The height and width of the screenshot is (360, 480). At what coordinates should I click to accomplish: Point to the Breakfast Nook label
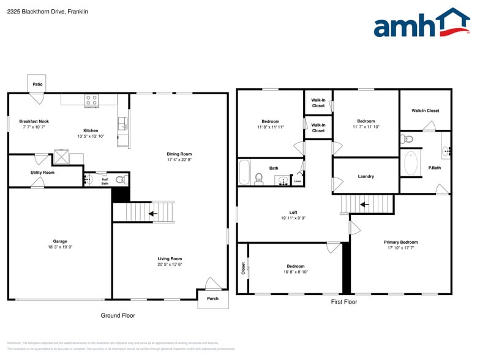(34, 121)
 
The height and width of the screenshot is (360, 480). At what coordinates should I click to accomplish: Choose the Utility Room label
(42, 173)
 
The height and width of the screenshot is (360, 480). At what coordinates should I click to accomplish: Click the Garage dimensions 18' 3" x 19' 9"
(60, 247)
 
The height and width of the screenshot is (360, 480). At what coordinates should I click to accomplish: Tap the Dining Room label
(179, 154)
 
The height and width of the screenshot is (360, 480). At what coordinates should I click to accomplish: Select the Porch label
(212, 299)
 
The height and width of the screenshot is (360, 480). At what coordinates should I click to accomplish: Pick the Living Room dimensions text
(170, 264)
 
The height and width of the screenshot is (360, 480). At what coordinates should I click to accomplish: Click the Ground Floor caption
(118, 315)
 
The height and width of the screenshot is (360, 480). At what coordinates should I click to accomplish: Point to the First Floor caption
(344, 302)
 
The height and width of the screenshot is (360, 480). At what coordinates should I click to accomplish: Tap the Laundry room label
(366, 176)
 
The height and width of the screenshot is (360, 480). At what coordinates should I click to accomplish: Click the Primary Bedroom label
(401, 242)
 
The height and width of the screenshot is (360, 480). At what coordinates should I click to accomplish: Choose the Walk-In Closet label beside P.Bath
(425, 111)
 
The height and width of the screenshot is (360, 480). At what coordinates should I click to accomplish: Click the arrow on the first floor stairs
(364, 204)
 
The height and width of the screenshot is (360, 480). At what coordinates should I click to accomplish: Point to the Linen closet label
(298, 181)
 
